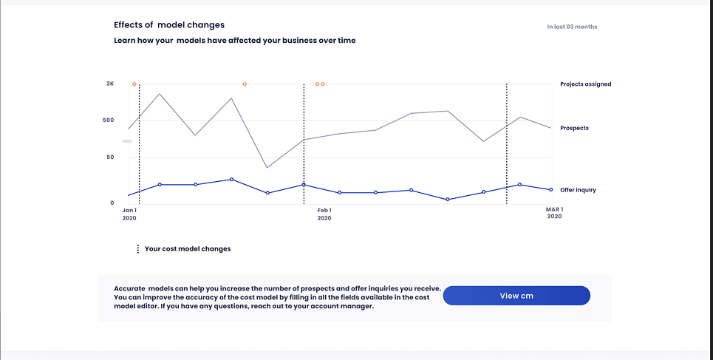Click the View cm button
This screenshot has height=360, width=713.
click(x=516, y=296)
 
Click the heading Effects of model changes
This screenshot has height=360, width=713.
click(x=169, y=25)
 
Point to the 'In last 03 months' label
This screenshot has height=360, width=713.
click(x=572, y=27)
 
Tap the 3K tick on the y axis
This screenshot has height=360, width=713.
click(x=110, y=84)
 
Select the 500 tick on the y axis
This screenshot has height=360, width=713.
click(x=108, y=120)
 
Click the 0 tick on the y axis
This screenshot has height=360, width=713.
click(x=112, y=203)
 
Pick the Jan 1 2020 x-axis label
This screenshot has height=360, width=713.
click(x=129, y=214)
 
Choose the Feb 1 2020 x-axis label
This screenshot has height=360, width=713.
click(x=324, y=214)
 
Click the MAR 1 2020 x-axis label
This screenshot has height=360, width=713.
click(x=554, y=213)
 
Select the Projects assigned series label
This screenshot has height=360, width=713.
click(x=585, y=84)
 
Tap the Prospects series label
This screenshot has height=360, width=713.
click(x=574, y=128)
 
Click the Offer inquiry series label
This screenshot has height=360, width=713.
click(x=578, y=190)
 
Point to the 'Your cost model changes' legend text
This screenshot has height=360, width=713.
click(x=188, y=249)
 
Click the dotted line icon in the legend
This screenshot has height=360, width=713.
click(x=138, y=249)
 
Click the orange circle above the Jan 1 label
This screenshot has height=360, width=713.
click(x=134, y=84)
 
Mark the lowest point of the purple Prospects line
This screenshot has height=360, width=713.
click(x=267, y=168)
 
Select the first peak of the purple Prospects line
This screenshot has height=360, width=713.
click(x=160, y=94)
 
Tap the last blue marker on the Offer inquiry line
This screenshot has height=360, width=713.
click(x=550, y=190)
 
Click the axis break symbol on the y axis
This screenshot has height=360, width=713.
click(x=126, y=140)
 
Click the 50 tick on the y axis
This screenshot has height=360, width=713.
click(x=110, y=157)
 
